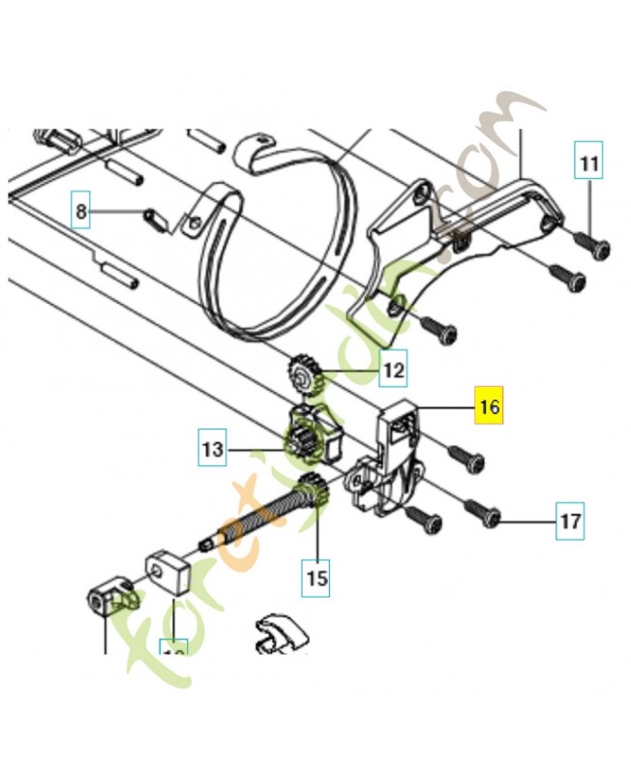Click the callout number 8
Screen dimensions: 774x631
81,211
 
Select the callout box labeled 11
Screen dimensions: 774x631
588,164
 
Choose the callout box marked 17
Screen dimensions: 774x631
570,521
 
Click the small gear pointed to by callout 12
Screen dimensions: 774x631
303,372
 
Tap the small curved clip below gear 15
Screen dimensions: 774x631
278,632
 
